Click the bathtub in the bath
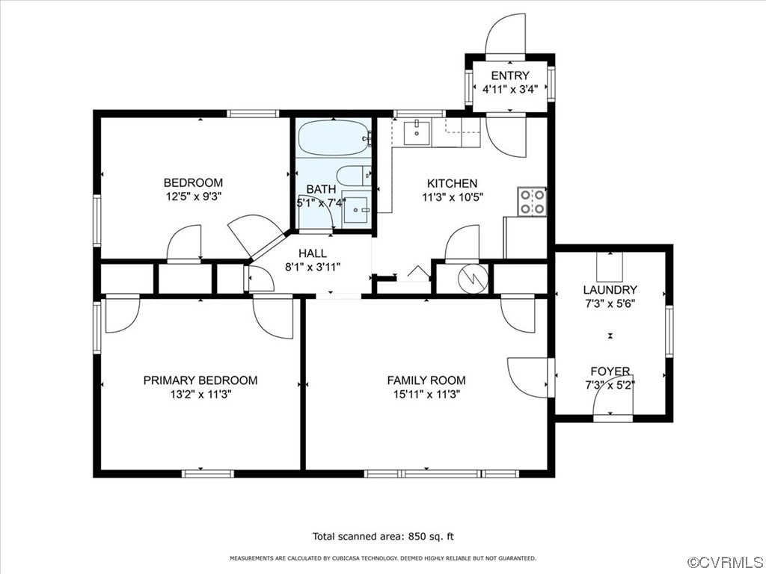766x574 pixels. tap(334, 138)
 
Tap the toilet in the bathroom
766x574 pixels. tap(354, 176)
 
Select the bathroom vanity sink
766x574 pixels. tap(357, 209)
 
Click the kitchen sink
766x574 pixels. tap(417, 132)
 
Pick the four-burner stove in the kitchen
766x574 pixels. tap(532, 201)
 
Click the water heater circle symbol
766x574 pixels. tap(473, 279)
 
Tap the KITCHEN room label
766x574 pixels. tap(452, 184)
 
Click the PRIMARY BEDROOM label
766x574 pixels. tap(200, 380)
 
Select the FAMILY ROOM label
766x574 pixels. tap(426, 380)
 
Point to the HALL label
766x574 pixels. tap(313, 253)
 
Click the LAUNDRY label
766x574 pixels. tap(610, 290)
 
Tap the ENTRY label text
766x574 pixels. tap(510, 75)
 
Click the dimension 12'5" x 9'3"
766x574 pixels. tap(194, 197)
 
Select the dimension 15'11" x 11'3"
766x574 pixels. tap(426, 395)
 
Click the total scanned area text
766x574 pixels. tap(383, 537)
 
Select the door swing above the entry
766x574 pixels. tap(506, 34)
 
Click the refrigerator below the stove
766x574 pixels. tap(525, 238)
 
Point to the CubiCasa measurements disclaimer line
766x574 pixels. tap(383, 558)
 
